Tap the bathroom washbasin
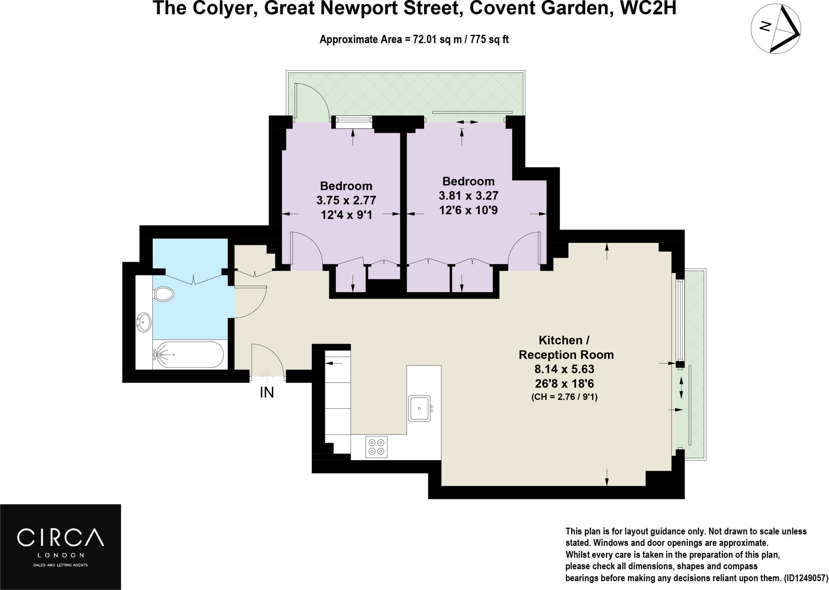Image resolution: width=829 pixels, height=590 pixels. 144,322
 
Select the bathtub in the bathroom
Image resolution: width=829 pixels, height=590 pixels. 189,355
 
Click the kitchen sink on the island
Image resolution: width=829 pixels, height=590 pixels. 420,408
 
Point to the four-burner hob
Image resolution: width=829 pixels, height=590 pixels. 376,447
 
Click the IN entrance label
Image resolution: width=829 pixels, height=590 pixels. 267,393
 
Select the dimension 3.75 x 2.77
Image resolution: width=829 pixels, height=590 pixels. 346,200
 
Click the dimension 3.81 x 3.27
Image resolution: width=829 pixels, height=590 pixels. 468,196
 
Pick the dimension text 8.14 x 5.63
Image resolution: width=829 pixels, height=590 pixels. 564,369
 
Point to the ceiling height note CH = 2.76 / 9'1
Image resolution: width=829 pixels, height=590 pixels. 564,397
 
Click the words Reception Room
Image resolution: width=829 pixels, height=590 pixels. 566,355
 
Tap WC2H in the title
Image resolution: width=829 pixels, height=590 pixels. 648,8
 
